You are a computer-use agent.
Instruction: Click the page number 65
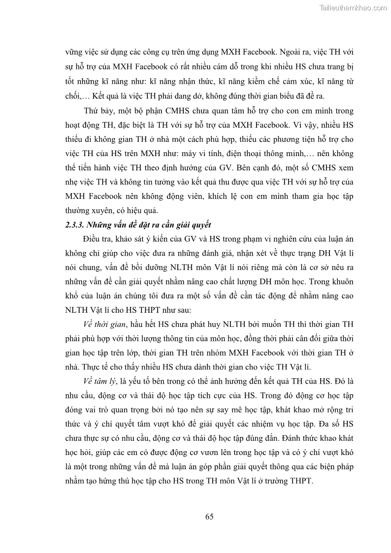[209, 517]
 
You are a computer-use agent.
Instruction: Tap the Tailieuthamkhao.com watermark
[353, 7]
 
